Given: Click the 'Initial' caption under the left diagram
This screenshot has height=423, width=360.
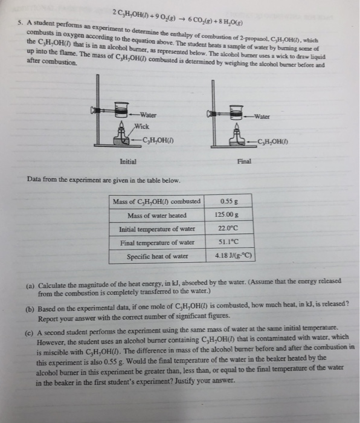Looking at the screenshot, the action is tap(127, 161).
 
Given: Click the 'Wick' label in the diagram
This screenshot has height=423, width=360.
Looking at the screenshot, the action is tap(141, 127).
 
